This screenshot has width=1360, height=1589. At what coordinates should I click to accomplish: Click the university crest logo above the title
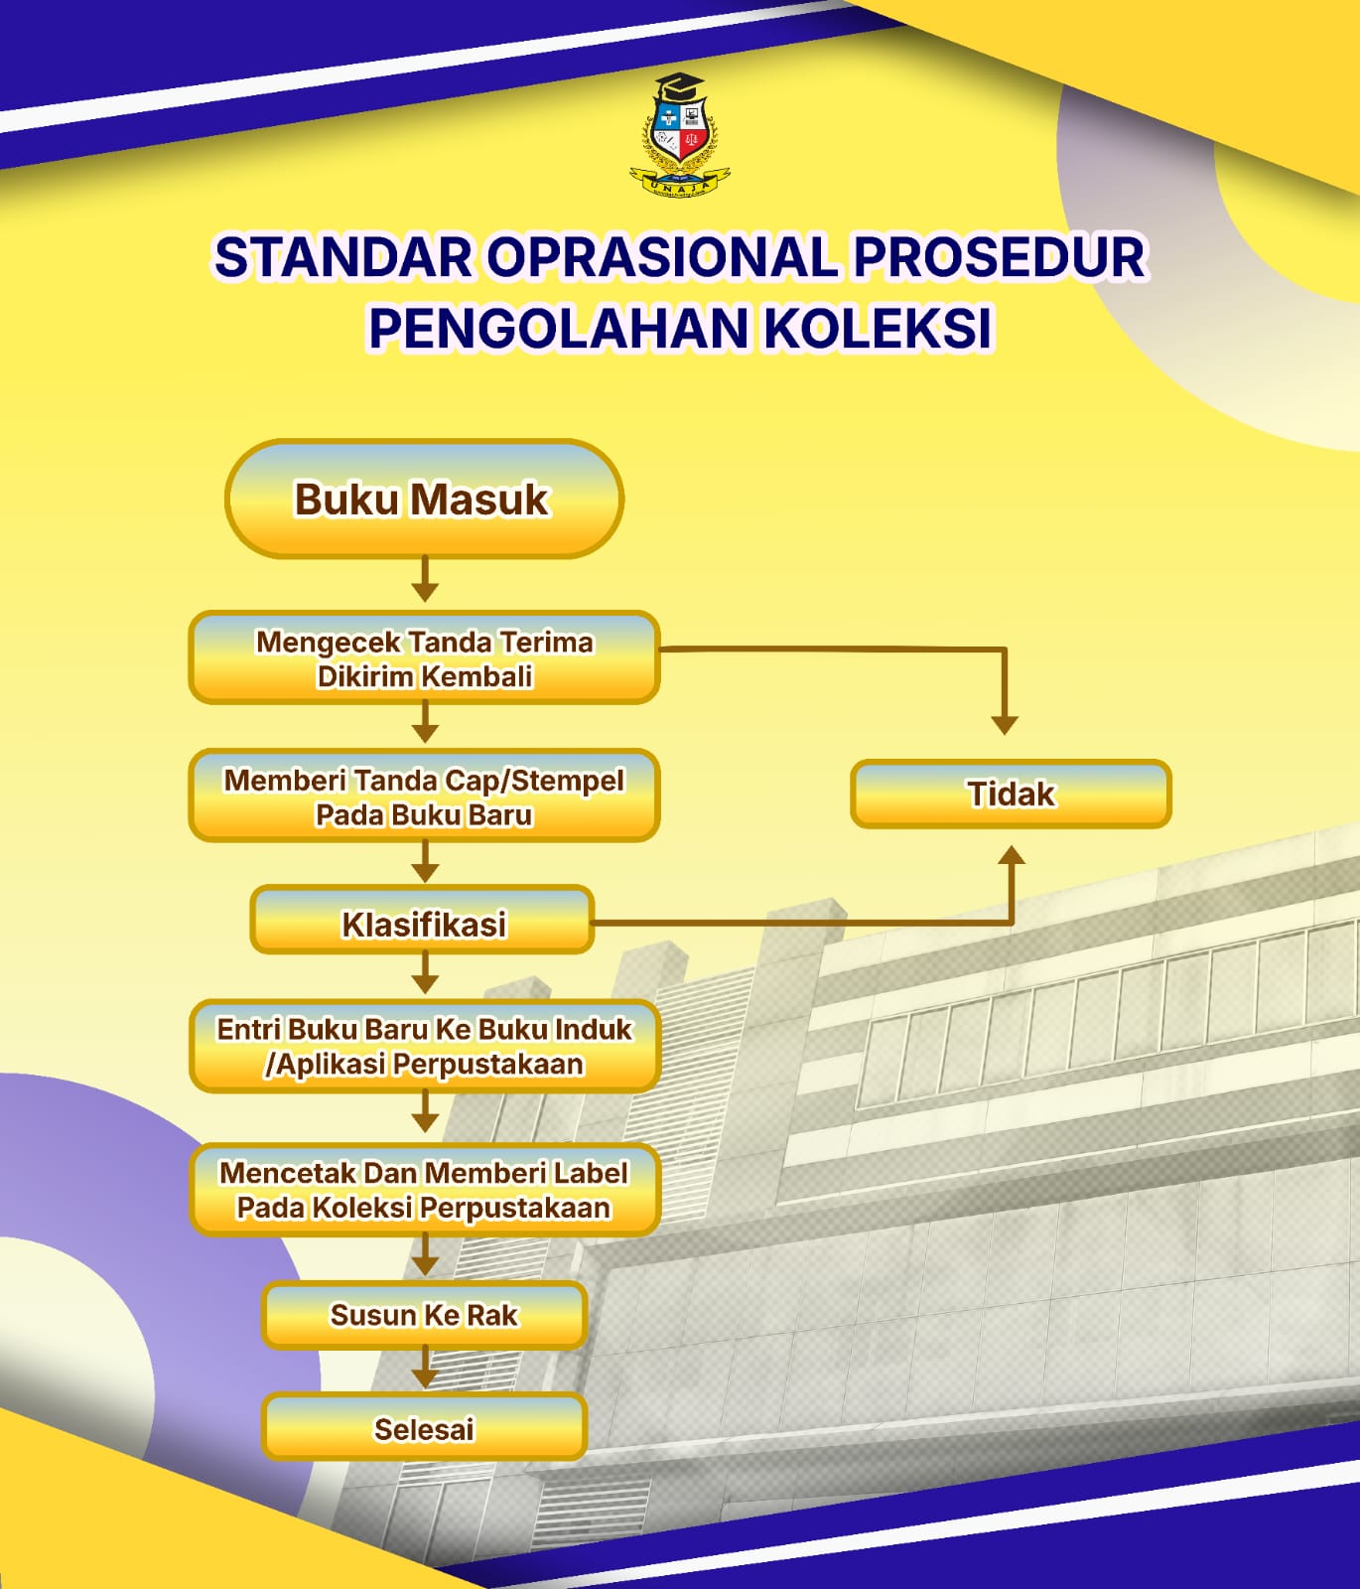click(680, 135)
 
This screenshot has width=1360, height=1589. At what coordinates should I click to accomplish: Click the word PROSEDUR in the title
click(999, 256)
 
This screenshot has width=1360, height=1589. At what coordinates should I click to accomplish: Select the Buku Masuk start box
click(424, 499)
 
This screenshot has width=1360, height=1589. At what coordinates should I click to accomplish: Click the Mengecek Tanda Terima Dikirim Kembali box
click(424, 658)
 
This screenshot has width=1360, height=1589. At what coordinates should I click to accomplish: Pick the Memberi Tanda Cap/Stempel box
click(424, 796)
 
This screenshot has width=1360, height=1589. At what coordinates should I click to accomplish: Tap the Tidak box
click(1011, 794)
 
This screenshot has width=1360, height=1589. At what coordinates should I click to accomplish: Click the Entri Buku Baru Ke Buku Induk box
click(424, 1047)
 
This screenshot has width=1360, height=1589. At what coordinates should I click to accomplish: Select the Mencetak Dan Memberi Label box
click(424, 1190)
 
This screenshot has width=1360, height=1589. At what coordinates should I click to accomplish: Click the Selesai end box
click(424, 1428)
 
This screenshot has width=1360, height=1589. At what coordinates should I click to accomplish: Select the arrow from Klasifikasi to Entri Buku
click(425, 973)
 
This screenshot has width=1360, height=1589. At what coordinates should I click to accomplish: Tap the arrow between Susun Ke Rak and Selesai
click(425, 1368)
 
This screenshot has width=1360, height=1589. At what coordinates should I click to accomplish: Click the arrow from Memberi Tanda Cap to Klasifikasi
click(425, 862)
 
